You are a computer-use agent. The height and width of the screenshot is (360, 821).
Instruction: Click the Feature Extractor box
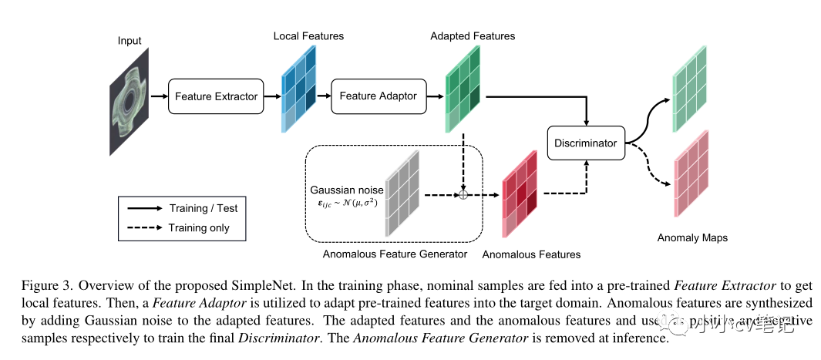coord(216,96)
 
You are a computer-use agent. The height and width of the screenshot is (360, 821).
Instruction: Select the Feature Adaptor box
coord(378,96)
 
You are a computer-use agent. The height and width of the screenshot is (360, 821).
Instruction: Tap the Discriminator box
coord(586,143)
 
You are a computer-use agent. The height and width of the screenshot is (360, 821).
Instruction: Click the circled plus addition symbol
coord(463,195)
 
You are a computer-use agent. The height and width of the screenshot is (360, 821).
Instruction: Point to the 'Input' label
coord(130,40)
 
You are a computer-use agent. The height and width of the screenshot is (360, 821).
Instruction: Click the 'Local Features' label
coord(308,36)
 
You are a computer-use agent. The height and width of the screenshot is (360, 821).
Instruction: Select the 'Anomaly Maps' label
coord(692,238)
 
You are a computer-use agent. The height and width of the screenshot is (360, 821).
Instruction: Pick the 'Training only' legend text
coord(199,227)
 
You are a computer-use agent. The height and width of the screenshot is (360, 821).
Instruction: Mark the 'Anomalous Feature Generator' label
coord(395,254)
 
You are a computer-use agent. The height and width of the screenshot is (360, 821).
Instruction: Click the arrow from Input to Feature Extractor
coord(159,96)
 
